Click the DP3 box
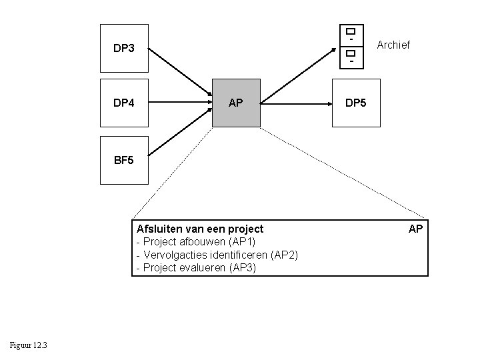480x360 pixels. pos(123,48)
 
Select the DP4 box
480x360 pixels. pos(123,103)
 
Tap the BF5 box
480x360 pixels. pos(123,160)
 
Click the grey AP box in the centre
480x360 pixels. pos(236,103)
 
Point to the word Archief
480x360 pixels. pos(393,45)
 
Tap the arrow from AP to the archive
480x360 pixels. pos(299,74)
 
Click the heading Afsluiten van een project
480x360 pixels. pos(200,229)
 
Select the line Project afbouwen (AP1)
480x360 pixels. pos(195,241)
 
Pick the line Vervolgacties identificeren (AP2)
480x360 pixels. pos(217,255)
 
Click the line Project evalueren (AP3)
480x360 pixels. pos(195,268)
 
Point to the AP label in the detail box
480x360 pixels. pos(415,229)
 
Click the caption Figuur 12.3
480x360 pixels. pos(28,344)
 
